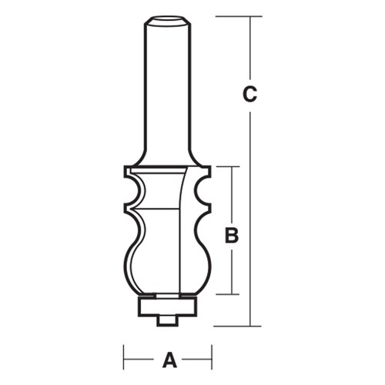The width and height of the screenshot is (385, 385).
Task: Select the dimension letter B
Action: pos(230,236)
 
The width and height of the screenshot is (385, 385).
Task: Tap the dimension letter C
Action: pos(249,95)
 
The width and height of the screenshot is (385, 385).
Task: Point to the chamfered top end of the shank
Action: pos(168,18)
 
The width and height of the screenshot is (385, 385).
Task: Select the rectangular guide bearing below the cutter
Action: pos(168,307)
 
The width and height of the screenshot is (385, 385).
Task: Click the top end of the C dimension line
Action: pos(250,16)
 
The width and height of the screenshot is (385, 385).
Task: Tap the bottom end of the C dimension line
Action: pos(250,326)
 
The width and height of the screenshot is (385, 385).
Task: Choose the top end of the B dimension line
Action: pos(230,166)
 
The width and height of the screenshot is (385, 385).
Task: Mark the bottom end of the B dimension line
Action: pos(230,294)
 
